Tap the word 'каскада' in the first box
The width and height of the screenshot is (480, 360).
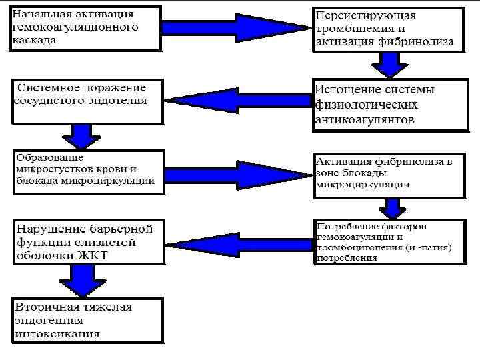tap(33, 39)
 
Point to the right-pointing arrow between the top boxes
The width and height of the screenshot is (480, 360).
tap(237, 27)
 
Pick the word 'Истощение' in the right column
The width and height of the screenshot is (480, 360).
tap(346, 90)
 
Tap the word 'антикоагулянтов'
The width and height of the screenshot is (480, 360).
tap(364, 119)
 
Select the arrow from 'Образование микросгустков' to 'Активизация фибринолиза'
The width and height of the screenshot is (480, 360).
tap(237, 171)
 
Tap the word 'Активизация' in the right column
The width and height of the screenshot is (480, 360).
tap(347, 161)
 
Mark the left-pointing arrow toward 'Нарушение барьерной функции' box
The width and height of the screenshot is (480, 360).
tap(237, 239)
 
